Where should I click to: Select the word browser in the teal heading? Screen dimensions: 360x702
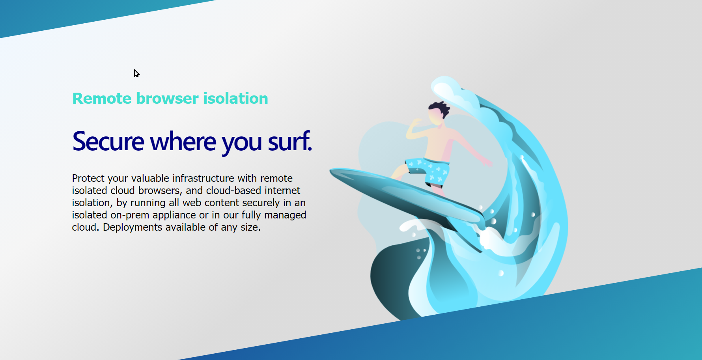(167, 99)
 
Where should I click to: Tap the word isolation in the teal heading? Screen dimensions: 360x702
(235, 99)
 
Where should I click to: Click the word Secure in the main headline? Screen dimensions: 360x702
(108, 142)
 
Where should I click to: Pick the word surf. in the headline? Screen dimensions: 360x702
(290, 142)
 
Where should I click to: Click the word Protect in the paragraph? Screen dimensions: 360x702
(88, 179)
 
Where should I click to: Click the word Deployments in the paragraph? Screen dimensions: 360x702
(133, 228)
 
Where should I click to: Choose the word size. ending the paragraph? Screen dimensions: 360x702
(250, 228)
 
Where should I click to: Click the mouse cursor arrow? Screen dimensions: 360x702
(136, 73)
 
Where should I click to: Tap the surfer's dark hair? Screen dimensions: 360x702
(439, 108)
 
